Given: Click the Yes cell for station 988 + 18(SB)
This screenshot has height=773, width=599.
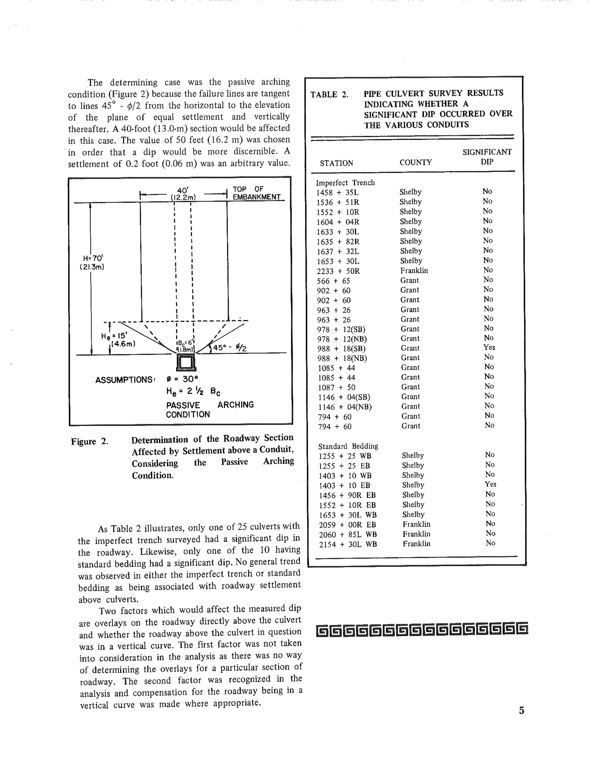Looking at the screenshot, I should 489,348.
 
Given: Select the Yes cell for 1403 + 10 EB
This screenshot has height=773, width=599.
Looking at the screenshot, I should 490,484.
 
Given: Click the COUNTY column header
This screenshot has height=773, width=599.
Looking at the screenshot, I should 416,163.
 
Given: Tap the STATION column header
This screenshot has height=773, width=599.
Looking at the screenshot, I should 336,163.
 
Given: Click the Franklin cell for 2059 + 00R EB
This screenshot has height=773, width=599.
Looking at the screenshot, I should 416,524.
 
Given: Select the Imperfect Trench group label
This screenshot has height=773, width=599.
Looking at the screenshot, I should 345,183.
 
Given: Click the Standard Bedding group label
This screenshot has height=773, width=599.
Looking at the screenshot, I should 348,446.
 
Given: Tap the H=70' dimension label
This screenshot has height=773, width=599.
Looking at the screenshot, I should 92,262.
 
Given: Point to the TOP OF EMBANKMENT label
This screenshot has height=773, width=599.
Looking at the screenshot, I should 256,193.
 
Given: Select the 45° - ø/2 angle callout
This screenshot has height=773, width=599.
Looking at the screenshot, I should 229,348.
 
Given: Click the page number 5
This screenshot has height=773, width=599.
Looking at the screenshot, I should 521,710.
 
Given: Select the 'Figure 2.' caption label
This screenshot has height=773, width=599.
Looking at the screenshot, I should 89,441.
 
